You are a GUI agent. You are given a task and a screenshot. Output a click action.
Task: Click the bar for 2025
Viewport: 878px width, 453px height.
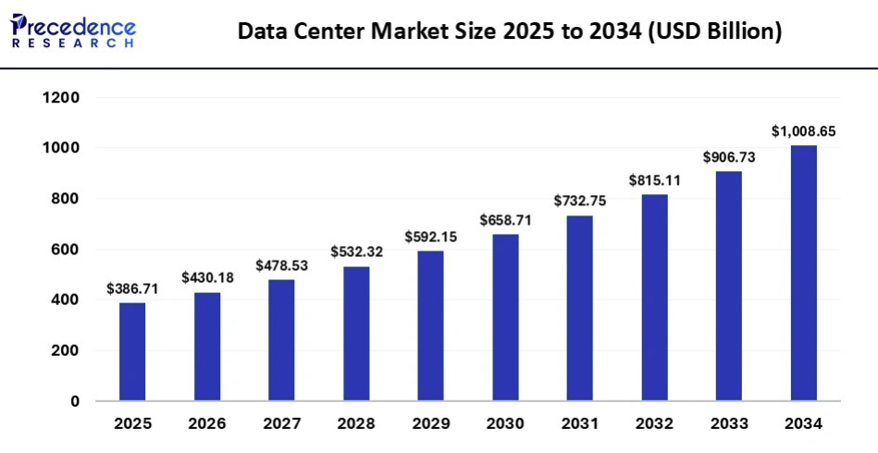132,352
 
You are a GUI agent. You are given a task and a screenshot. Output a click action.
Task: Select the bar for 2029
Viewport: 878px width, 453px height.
431,326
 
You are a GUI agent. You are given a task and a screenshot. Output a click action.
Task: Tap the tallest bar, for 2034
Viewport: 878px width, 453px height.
804,274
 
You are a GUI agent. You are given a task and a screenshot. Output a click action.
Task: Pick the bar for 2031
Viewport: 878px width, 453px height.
580,309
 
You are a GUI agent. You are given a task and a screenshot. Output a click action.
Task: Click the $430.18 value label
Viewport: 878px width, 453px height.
207,277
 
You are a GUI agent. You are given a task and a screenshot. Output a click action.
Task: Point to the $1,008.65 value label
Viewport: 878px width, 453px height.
804,131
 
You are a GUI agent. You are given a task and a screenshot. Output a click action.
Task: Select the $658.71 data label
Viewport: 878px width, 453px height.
505,220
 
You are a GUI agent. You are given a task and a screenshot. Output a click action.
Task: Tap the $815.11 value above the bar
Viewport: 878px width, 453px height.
654,180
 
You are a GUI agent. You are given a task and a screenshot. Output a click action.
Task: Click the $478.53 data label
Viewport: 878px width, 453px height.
282,265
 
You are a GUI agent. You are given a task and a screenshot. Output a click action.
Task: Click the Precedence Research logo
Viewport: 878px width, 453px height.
73,31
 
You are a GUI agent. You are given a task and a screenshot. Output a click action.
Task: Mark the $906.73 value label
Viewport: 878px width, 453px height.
729,157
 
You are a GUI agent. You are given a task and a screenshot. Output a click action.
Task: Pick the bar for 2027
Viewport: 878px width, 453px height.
282,340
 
